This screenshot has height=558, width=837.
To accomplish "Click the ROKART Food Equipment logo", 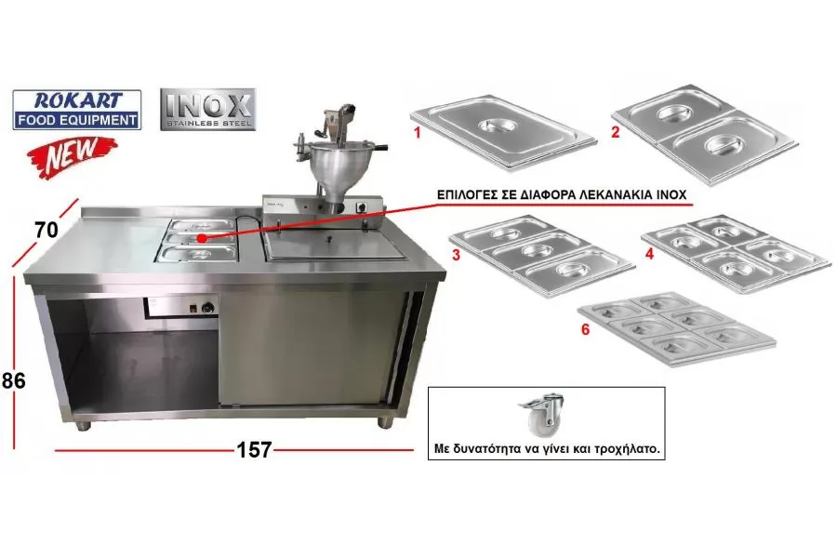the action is coord(77,110).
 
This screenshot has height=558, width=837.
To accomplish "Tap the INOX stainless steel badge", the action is coord(207,110).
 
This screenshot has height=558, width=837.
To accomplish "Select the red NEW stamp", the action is coord(72,155).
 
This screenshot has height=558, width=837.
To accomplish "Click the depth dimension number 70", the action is coord(46,230).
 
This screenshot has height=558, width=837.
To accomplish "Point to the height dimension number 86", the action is coord(13,380).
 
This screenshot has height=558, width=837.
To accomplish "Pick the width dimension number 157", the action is coord(254,449).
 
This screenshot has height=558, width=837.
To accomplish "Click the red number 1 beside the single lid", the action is coord(418,132).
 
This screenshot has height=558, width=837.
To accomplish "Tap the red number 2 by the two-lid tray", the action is coord(616,132).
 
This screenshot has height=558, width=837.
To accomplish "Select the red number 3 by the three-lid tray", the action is coord(456,255).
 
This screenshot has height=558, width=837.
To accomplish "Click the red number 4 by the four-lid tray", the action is coord(649,253).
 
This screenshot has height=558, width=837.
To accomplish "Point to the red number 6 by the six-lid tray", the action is coord(586,329).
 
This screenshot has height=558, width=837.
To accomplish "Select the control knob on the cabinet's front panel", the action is coord(207,308).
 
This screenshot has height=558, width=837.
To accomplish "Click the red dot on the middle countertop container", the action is coord(202,238).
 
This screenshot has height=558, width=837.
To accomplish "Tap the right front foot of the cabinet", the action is coord(385,422).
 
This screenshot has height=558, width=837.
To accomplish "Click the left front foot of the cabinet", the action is coord(83,426).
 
